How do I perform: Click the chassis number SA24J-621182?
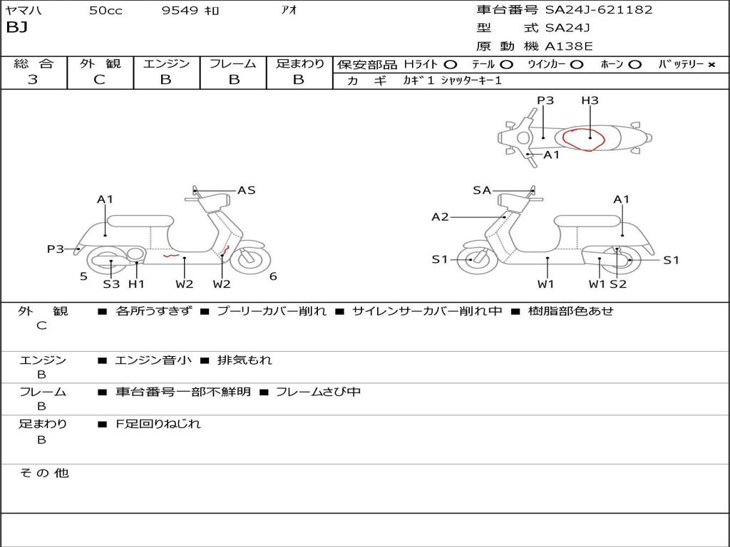(x=599, y=10)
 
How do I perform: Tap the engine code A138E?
(x=568, y=46)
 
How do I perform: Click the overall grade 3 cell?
(x=33, y=80)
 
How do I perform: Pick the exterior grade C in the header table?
(x=99, y=80)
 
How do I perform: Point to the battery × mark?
(x=711, y=64)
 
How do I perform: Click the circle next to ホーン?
(x=634, y=64)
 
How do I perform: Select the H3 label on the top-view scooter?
(x=590, y=100)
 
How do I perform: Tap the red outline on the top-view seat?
(x=584, y=140)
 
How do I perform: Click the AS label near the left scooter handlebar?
(x=247, y=190)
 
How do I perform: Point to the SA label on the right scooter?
(x=482, y=190)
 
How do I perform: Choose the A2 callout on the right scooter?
(x=441, y=217)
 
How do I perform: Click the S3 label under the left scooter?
(x=111, y=284)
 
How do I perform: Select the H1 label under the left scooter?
(x=136, y=284)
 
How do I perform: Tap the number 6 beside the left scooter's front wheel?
(x=273, y=276)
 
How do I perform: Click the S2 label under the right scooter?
(x=618, y=284)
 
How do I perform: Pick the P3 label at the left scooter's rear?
(x=56, y=249)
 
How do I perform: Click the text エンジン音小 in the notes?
(x=153, y=360)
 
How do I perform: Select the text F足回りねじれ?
(x=158, y=424)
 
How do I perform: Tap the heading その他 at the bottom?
(x=44, y=473)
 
